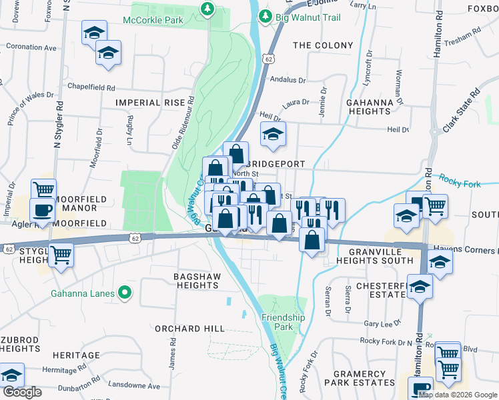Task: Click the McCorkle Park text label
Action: [x=153, y=20]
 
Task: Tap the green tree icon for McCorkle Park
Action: [x=207, y=9]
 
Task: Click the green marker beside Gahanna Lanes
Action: [x=123, y=292]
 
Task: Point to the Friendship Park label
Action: [x=283, y=322]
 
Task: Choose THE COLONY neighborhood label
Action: [x=323, y=45]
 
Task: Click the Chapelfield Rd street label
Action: [x=92, y=87]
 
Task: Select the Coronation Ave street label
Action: [x=31, y=48]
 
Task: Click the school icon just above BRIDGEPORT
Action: [x=272, y=134]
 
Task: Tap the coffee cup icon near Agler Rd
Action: [x=43, y=210]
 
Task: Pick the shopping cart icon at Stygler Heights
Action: [x=61, y=254]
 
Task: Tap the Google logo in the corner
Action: [x=22, y=392]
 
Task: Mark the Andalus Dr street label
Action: [x=287, y=79]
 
